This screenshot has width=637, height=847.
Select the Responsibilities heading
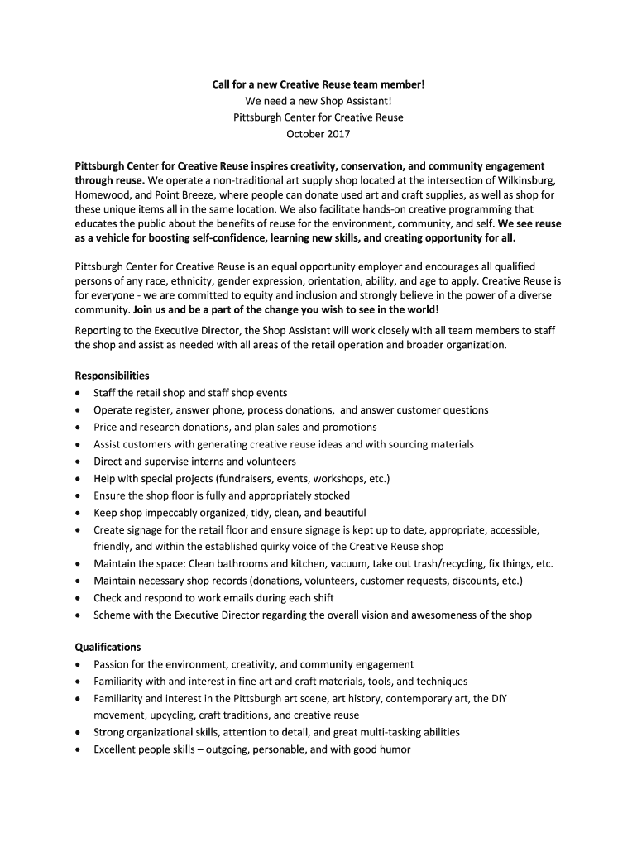click(112, 375)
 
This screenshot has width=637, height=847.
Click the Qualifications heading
click(108, 647)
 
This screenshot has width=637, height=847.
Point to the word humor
click(392, 749)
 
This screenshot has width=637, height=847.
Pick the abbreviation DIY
click(498, 698)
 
